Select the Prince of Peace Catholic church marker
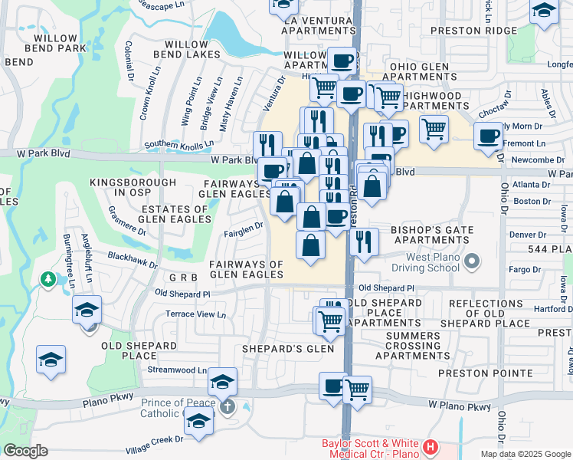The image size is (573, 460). point(228,406)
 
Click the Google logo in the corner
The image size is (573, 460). point(25,451)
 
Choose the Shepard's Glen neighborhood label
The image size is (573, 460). point(288,349)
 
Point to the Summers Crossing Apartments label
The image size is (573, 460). point(424,346)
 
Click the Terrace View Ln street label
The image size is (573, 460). point(197,314)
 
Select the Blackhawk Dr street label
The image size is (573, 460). point(133,259)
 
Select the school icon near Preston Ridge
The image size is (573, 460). point(544,11)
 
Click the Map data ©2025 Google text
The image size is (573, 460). point(525,454)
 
